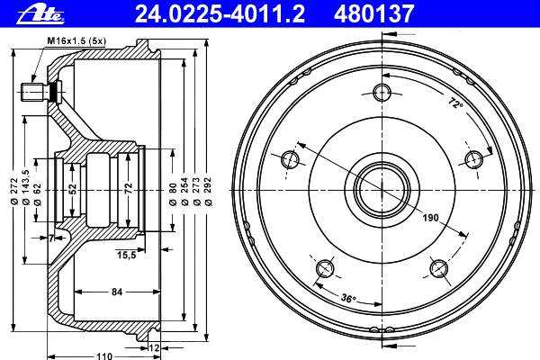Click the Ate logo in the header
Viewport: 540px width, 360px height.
pyautogui.click(x=40, y=14)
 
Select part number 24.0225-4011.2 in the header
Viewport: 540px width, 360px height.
pyautogui.click(x=220, y=14)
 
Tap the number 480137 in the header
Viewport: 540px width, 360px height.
pyautogui.click(x=373, y=14)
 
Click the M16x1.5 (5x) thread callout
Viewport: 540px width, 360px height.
pyautogui.click(x=76, y=41)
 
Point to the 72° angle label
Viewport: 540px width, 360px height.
pyautogui.click(x=455, y=103)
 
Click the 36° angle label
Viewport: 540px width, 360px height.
pyautogui.click(x=348, y=298)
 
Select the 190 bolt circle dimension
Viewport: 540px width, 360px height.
pyautogui.click(x=430, y=218)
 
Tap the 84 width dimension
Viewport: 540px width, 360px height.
pyautogui.click(x=117, y=292)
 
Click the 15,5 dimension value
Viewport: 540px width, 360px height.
pyautogui.click(x=127, y=255)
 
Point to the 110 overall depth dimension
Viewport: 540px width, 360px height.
pyautogui.click(x=104, y=356)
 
